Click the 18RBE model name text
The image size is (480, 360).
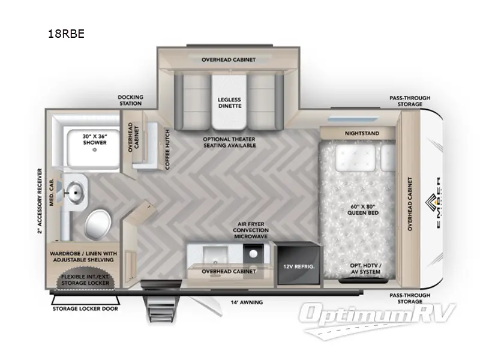click(x=66, y=34)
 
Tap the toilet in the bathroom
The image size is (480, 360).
click(x=97, y=224)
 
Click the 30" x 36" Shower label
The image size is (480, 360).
click(x=94, y=139)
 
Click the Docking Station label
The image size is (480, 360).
click(x=130, y=100)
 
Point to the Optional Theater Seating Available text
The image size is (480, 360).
click(x=229, y=142)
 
